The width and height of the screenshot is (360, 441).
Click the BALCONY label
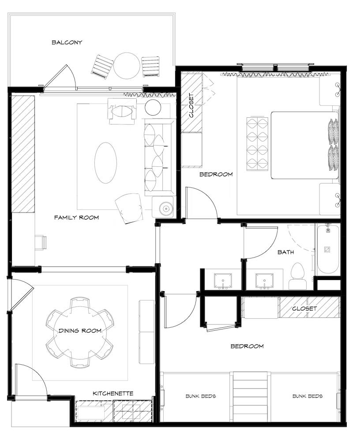point(67,42)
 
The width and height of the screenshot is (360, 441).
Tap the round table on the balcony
point(126,66)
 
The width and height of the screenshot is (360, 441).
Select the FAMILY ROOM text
point(77,217)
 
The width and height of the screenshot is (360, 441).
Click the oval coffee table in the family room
point(105,163)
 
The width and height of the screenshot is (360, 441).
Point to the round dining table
point(80,332)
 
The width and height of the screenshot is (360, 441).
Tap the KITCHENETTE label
point(113,393)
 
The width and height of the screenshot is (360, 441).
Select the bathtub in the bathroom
point(327,249)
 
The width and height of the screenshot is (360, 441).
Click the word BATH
point(286,252)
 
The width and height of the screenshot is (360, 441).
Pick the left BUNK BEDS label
point(201,396)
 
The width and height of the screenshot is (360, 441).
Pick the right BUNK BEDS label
point(307,396)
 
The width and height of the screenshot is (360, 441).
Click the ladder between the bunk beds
point(250,396)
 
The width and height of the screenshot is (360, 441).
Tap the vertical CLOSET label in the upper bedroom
point(191,105)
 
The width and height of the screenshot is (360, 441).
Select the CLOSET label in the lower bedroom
point(304,309)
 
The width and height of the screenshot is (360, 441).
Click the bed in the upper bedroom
point(304,145)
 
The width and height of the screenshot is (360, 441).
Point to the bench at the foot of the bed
point(257,144)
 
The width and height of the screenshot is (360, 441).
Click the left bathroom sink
point(223,281)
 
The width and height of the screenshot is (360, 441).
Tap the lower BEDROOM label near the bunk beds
point(247,346)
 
